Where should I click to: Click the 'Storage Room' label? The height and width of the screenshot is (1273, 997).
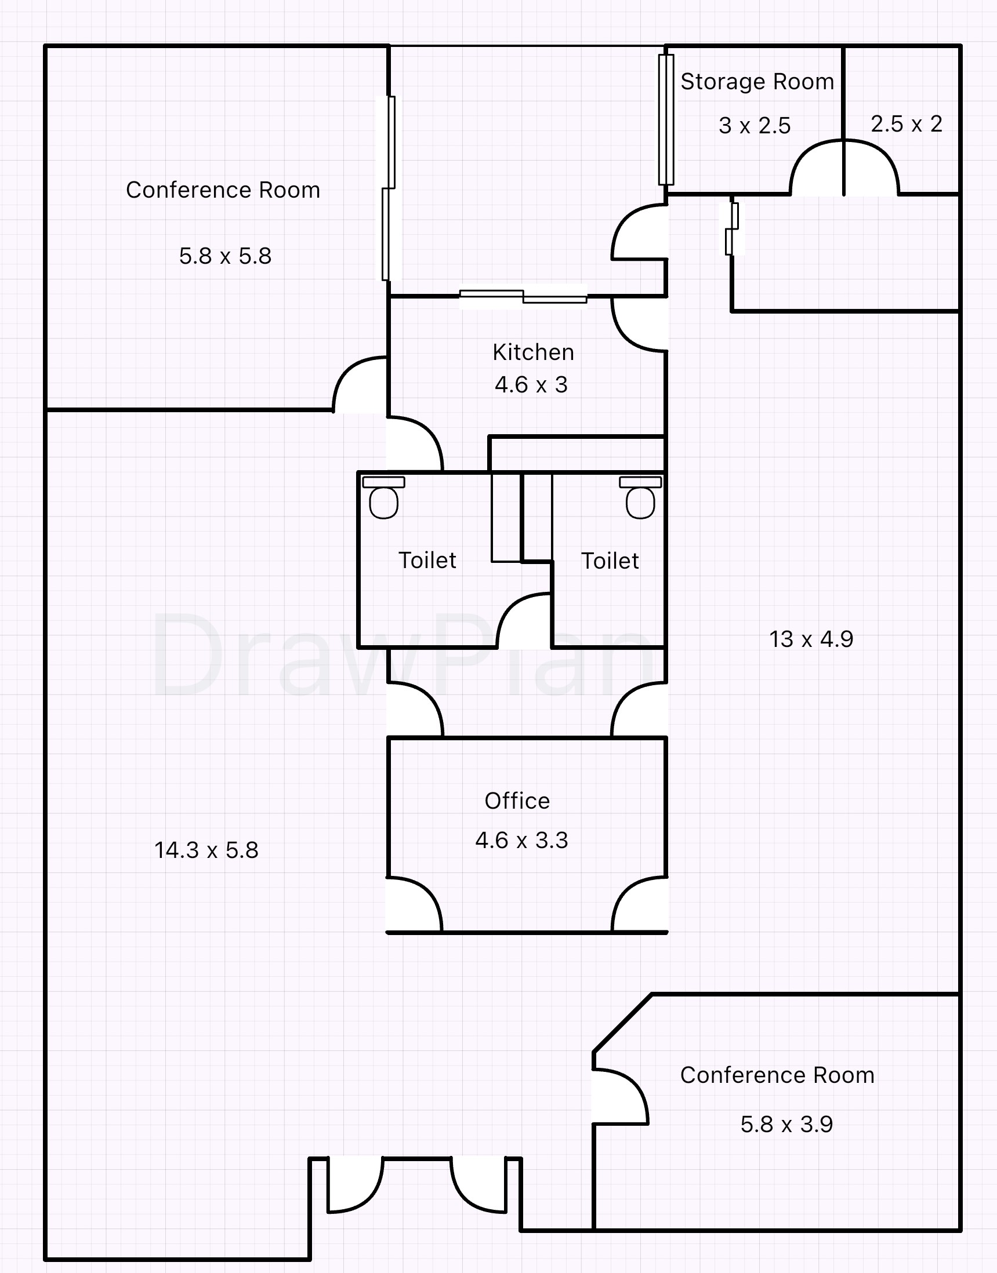click(x=757, y=82)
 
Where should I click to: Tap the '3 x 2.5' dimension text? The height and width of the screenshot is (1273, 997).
click(x=754, y=126)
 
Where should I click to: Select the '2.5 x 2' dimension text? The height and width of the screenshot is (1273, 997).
click(x=906, y=124)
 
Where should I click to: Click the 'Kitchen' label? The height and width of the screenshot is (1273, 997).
click(x=533, y=352)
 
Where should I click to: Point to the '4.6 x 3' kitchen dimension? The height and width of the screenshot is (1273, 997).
click(x=531, y=385)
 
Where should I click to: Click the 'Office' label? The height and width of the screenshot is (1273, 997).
click(x=517, y=801)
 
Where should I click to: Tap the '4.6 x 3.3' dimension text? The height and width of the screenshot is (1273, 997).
click(x=521, y=841)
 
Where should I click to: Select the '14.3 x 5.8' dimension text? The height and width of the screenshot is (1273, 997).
click(x=206, y=850)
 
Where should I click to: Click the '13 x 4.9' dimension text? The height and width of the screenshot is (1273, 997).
click(x=811, y=639)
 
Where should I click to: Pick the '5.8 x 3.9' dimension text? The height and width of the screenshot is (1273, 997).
click(x=786, y=1124)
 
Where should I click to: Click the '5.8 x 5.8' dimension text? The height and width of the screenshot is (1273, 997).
click(x=224, y=256)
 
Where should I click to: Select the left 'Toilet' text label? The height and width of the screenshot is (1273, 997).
click(x=427, y=561)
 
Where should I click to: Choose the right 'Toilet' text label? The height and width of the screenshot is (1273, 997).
click(x=610, y=561)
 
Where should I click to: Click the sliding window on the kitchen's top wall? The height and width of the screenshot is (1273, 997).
click(x=523, y=297)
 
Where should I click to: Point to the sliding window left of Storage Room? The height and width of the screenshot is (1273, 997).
click(x=666, y=119)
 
